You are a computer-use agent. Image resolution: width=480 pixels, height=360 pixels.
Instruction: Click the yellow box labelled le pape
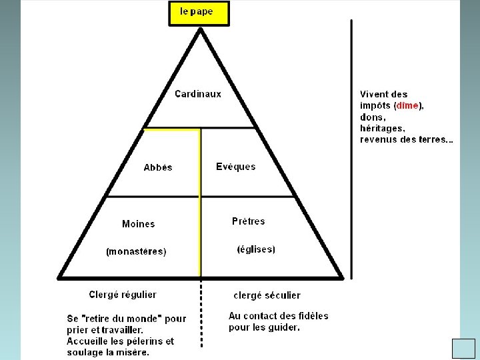(x=198, y=13)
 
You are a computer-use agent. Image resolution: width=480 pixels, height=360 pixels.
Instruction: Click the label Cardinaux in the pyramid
(x=198, y=94)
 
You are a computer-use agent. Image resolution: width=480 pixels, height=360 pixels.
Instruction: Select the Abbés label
(x=158, y=167)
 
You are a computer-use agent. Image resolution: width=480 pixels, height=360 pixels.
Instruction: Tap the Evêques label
(x=235, y=167)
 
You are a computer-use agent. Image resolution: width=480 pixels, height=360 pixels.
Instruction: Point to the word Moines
(x=139, y=224)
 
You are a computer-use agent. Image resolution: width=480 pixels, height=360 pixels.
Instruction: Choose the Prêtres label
(x=249, y=221)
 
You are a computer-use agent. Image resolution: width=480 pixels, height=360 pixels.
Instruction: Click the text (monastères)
(x=136, y=252)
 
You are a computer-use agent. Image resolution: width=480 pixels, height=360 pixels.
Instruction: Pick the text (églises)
(x=256, y=249)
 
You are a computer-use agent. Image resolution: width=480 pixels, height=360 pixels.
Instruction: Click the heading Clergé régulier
(x=123, y=294)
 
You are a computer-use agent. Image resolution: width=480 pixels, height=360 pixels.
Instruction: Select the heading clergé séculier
(x=267, y=295)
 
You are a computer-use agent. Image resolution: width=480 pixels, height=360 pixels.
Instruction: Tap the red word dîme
(x=407, y=105)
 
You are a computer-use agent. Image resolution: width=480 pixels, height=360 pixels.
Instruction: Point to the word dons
(x=373, y=117)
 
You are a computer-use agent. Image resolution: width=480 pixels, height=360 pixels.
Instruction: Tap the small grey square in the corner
(x=463, y=349)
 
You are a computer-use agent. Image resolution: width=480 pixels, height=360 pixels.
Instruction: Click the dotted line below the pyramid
(x=201, y=313)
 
